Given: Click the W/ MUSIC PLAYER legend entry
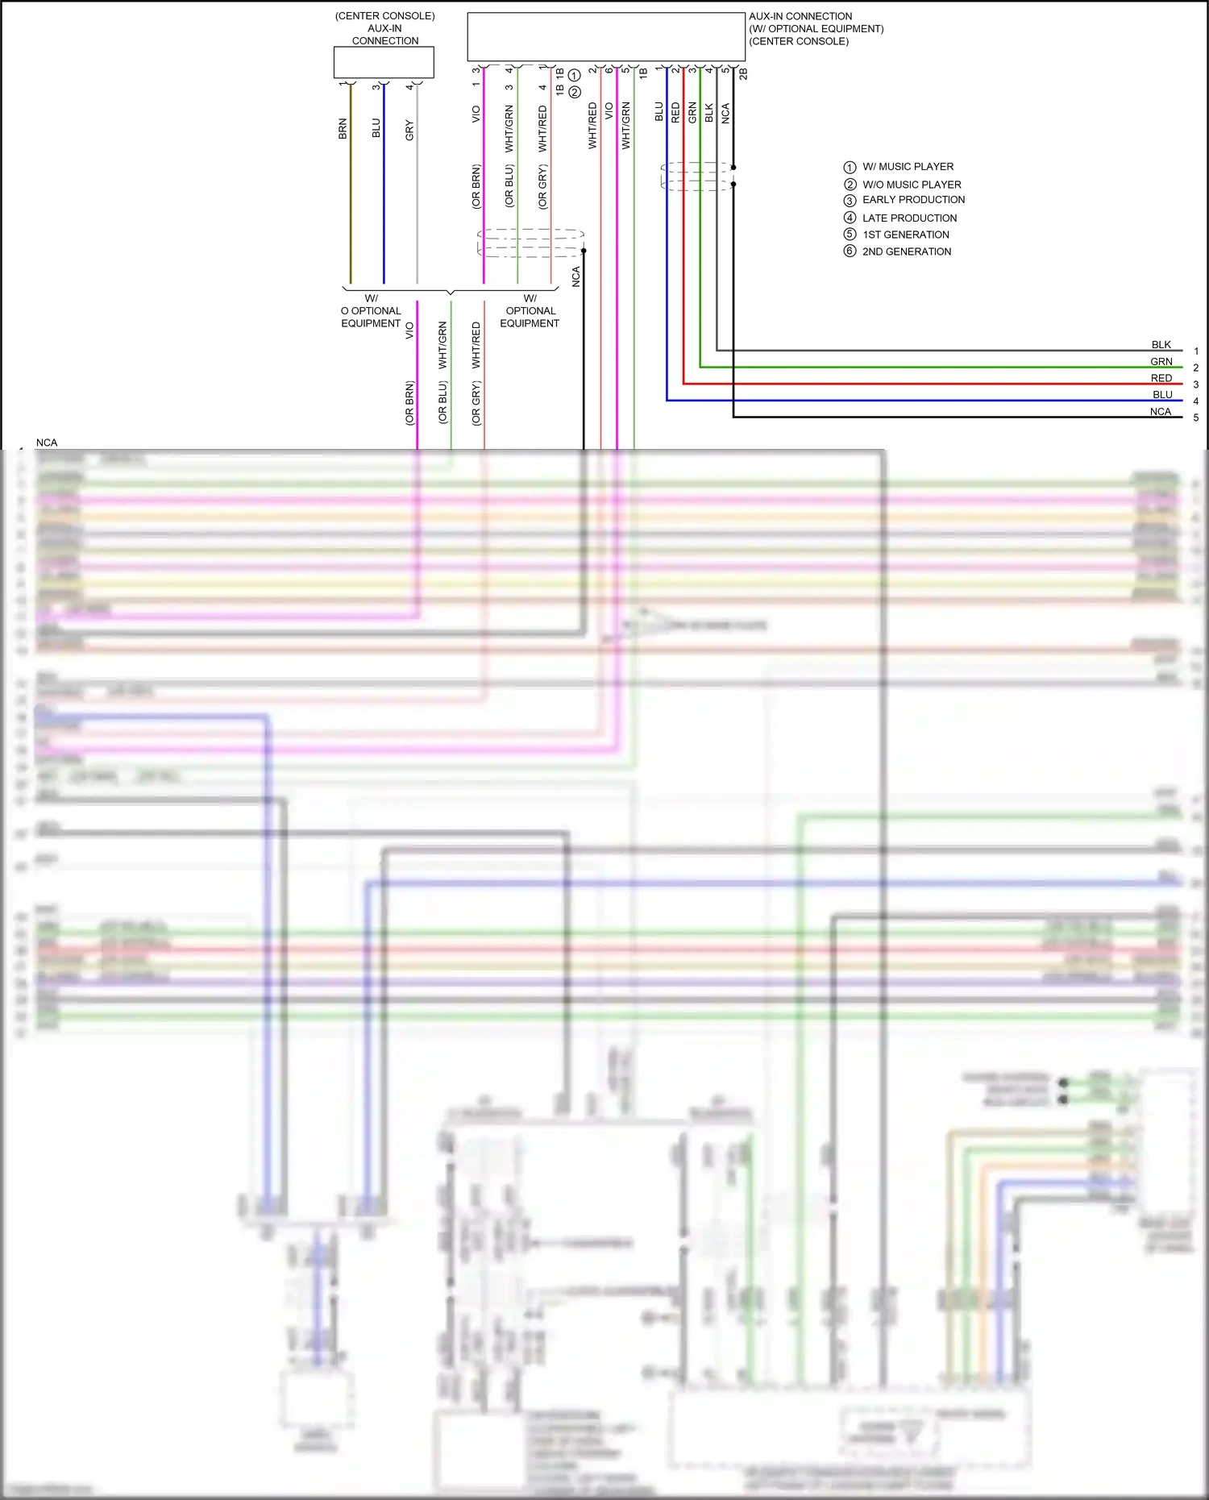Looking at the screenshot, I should tap(908, 167).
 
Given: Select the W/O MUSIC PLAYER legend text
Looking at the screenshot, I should tap(912, 185).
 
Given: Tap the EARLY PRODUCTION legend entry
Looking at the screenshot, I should tap(913, 200).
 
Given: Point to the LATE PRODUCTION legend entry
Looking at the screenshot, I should tap(909, 218).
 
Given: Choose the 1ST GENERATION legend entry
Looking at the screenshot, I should tap(905, 235).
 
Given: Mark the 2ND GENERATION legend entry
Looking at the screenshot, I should tap(907, 251).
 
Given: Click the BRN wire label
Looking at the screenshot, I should tap(343, 129).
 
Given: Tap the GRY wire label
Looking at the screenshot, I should tap(409, 131).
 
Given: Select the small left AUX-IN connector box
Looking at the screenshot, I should tap(384, 62).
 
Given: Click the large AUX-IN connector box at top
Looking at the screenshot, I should tap(606, 36).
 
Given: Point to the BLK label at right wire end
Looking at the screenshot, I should tap(1161, 345).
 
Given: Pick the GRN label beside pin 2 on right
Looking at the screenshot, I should tap(1161, 362).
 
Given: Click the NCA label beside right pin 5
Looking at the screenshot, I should tap(1160, 412).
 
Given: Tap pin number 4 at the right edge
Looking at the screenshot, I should tap(1196, 401).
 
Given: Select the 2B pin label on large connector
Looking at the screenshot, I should tap(743, 74).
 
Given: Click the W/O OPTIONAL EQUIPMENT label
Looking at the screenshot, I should tap(371, 311).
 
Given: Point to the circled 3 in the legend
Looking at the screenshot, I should tap(850, 201).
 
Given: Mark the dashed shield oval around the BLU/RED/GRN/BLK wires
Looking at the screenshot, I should tap(696, 177).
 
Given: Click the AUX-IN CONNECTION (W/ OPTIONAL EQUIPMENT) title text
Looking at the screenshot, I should tap(816, 28).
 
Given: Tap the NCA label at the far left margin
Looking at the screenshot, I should tap(47, 443).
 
